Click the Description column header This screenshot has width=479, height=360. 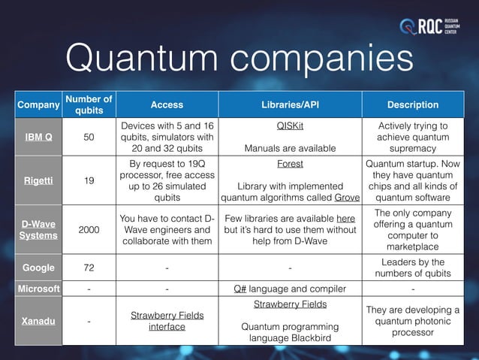tap(413, 105)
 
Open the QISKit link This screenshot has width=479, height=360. tap(290, 126)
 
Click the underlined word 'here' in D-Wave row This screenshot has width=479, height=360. tap(345, 219)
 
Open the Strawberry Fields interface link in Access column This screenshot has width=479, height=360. tap(167, 321)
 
